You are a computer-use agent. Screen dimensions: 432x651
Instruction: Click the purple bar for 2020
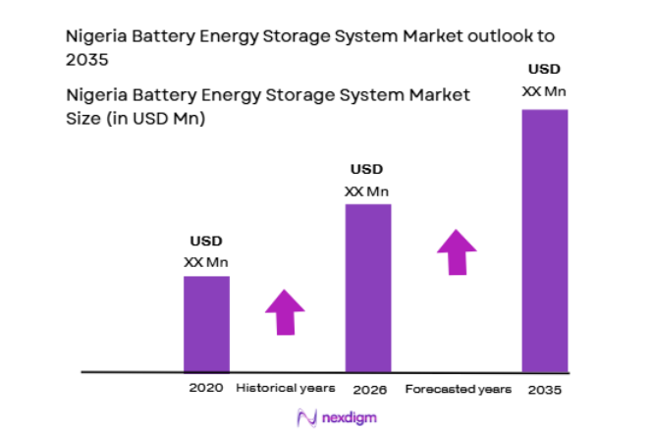coord(206,324)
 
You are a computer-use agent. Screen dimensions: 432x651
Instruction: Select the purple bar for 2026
coord(367,289)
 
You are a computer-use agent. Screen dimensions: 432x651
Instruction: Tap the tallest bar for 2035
coord(544,241)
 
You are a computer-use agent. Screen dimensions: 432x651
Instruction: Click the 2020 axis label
coord(206,389)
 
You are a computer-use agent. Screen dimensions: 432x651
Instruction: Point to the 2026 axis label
coord(369,389)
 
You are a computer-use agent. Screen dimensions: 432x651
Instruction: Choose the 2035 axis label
coord(544,389)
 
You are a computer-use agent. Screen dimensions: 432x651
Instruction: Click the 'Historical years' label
coord(286,389)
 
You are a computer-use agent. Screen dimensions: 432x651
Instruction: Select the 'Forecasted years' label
coord(459,389)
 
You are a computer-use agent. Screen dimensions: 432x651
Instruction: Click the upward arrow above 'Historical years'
coord(285,313)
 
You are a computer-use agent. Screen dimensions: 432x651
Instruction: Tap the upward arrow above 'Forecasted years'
coord(457,252)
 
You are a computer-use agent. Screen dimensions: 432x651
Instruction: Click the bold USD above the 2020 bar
coord(206,242)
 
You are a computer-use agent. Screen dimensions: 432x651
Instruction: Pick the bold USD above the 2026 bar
coord(367,169)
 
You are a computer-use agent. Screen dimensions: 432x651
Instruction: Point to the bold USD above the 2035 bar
coord(544,70)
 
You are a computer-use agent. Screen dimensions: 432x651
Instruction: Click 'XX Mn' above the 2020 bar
coord(206,262)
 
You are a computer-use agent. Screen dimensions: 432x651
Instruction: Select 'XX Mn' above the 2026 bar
coord(367,190)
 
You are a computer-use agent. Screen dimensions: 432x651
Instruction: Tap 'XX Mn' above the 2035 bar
coord(544,91)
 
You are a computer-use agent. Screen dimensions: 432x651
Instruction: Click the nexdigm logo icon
coord(304,417)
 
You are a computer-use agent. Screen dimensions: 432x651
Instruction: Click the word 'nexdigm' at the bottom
coord(347,417)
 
